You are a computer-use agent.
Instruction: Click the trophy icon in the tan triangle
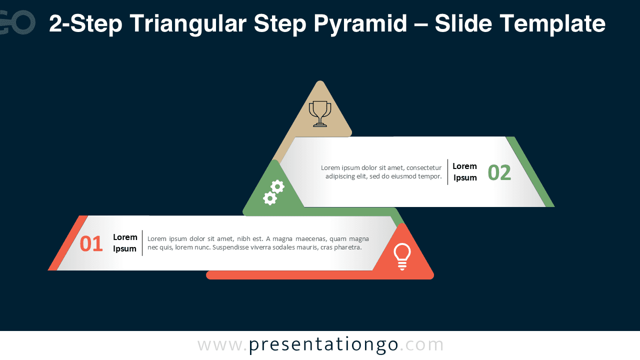(x=320, y=113)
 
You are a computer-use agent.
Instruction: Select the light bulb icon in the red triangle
(x=402, y=256)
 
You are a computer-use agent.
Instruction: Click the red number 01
(x=91, y=244)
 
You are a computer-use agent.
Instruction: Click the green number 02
(x=499, y=173)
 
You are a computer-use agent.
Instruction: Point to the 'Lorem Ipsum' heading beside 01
(x=125, y=243)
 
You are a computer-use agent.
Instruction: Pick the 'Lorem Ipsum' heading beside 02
(x=464, y=172)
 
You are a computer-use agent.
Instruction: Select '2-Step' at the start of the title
(x=85, y=23)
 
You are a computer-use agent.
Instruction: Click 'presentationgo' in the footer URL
(x=323, y=345)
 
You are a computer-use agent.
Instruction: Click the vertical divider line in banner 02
(x=447, y=172)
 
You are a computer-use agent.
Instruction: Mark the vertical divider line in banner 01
(x=142, y=243)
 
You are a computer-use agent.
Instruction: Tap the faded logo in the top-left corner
(x=17, y=22)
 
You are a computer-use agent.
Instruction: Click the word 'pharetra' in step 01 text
(x=347, y=247)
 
